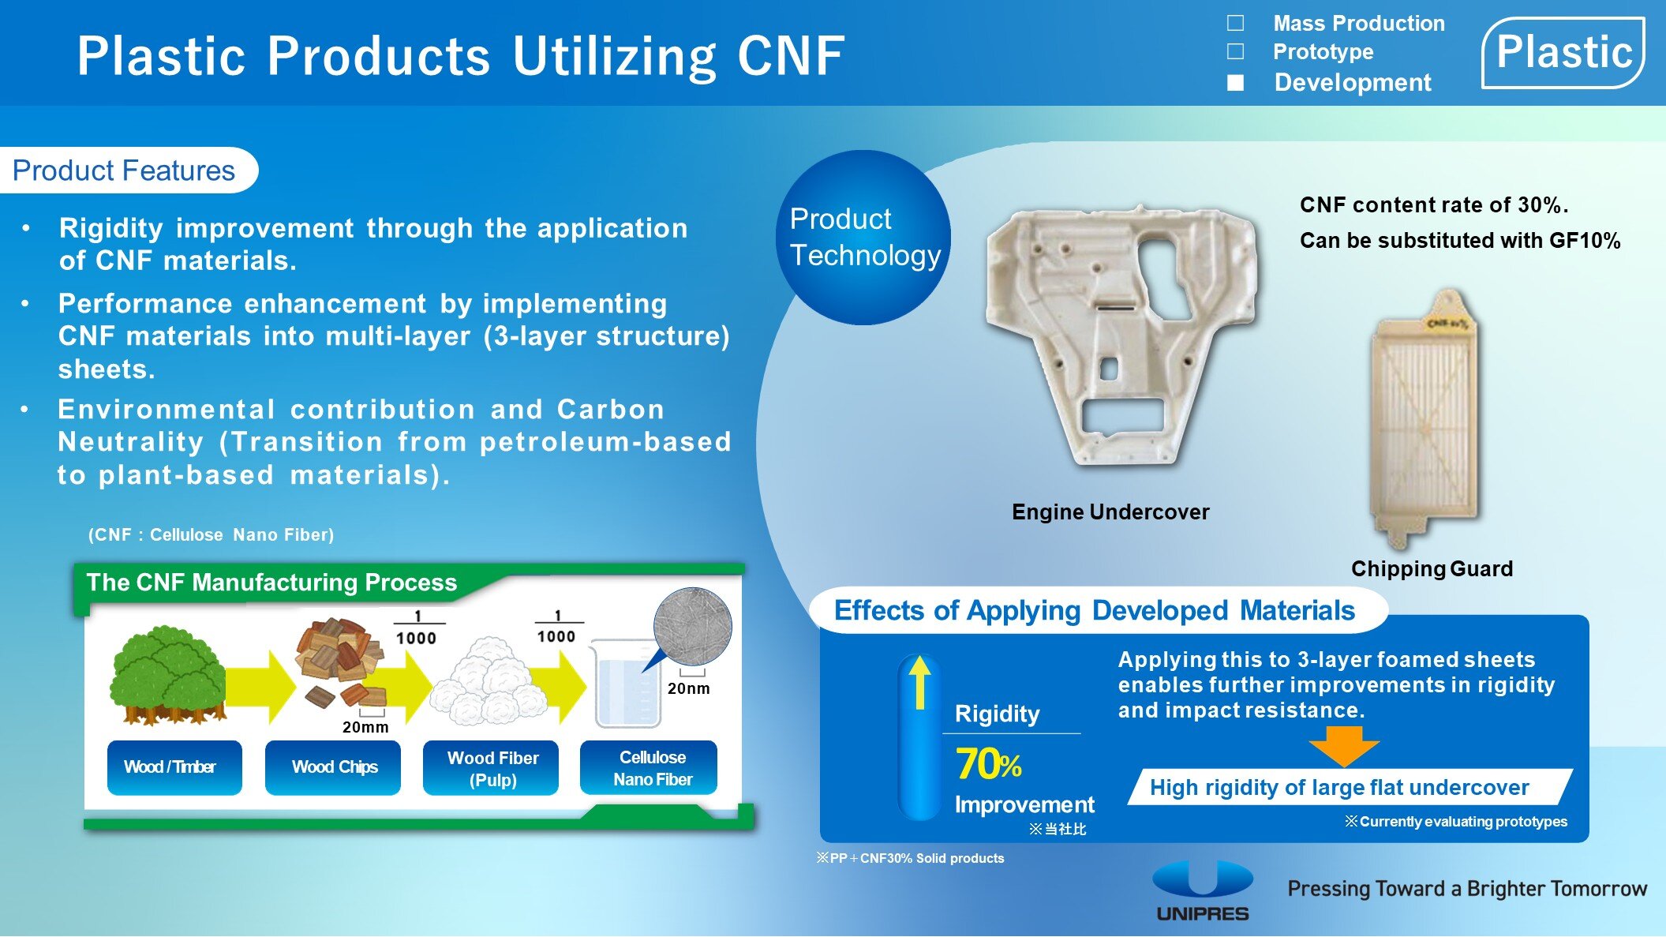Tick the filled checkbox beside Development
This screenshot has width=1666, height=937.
[1236, 82]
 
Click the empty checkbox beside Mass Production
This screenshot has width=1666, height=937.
[1236, 23]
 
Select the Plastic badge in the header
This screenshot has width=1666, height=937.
[1563, 53]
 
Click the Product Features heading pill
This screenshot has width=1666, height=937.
[126, 170]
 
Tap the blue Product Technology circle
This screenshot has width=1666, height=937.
[863, 237]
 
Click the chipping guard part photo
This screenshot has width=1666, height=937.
[1424, 418]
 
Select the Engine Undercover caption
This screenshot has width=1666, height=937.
[1110, 512]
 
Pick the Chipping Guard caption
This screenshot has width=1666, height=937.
[1432, 568]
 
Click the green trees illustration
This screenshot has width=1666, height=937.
[167, 675]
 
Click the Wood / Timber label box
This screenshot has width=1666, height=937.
[174, 767]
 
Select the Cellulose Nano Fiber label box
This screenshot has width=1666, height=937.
[649, 767]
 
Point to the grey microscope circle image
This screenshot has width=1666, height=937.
[692, 627]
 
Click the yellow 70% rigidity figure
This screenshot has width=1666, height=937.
[988, 764]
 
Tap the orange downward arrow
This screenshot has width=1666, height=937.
[1343, 746]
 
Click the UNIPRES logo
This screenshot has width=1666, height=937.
[1203, 890]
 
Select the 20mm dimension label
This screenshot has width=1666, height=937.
[365, 727]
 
